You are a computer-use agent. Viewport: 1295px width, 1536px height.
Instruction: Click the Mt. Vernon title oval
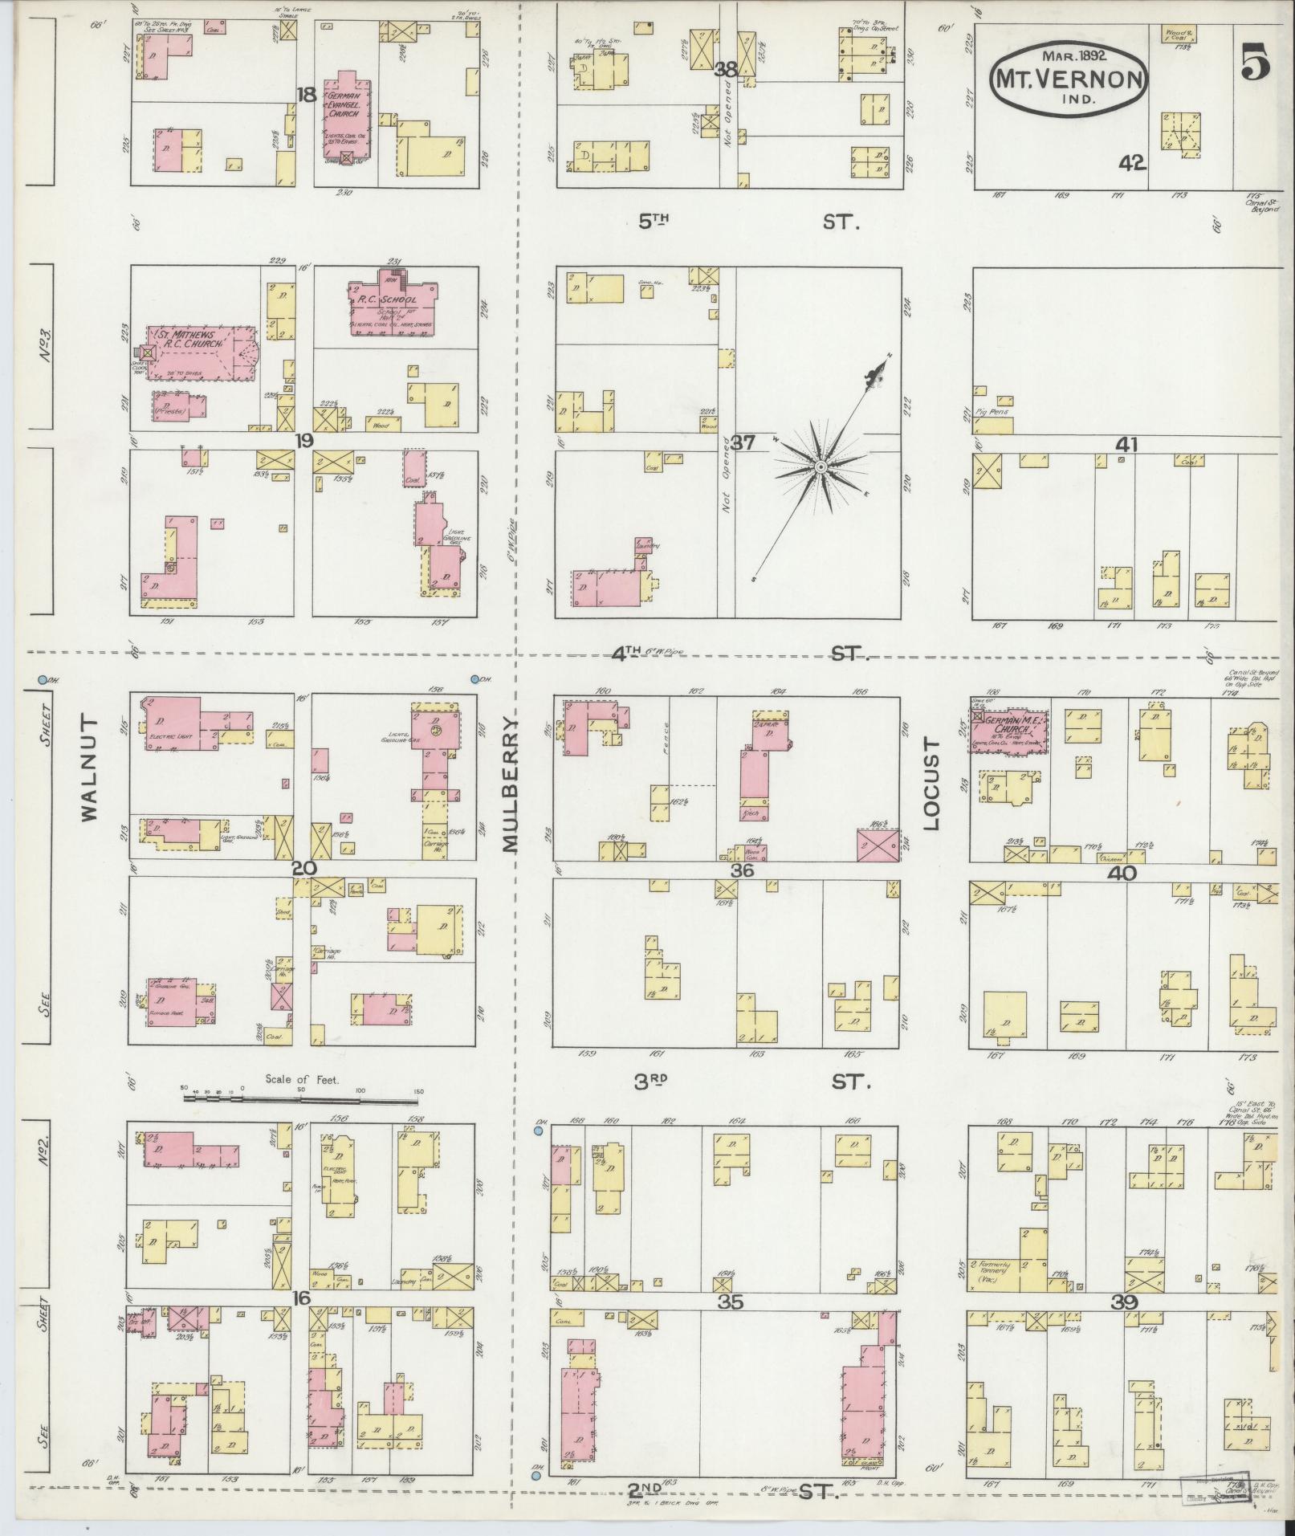[x=1067, y=78]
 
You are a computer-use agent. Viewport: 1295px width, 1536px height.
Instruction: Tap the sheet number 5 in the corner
[x=1255, y=62]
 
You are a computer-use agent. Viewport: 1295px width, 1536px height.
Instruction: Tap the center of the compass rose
[x=821, y=467]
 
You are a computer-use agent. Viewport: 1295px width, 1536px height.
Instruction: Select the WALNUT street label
[x=88, y=768]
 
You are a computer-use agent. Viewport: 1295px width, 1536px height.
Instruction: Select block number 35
[x=730, y=1302]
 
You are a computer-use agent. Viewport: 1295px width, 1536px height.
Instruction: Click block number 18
[x=305, y=95]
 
